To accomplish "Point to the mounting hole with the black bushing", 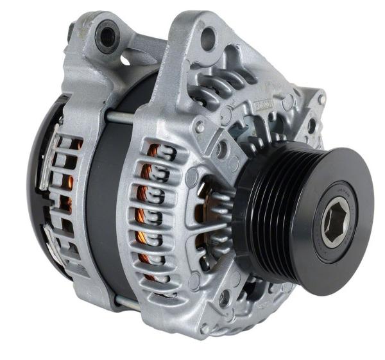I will click(106, 38).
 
